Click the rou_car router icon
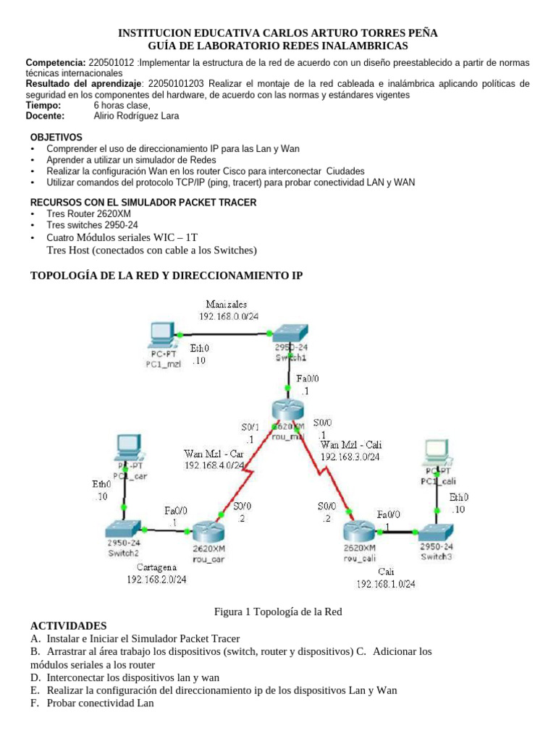[x=209, y=533]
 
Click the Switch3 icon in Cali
[x=437, y=531]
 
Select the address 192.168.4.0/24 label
[x=214, y=465]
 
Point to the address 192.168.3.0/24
[x=350, y=457]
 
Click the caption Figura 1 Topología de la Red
[x=278, y=611]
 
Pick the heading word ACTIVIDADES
[x=68, y=625]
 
